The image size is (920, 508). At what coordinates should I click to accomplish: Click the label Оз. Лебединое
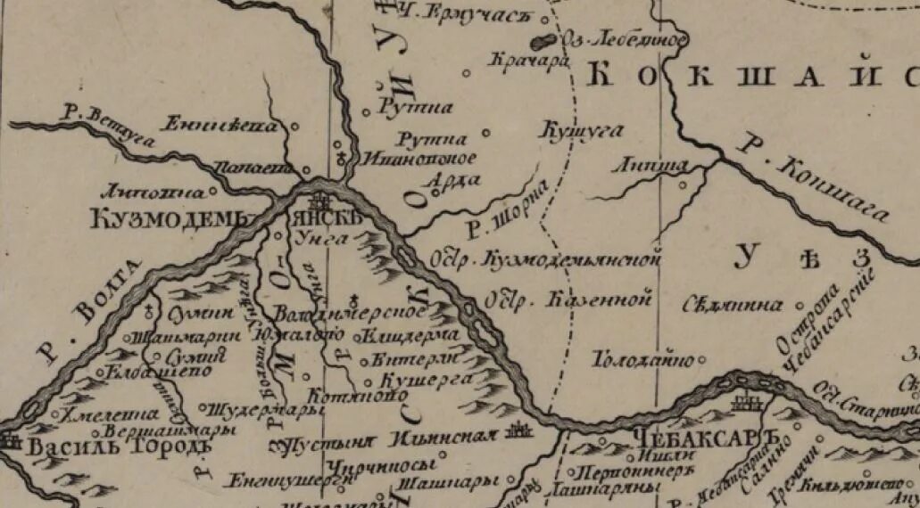click(624, 40)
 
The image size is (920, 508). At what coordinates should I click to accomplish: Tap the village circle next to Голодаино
click(701, 360)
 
